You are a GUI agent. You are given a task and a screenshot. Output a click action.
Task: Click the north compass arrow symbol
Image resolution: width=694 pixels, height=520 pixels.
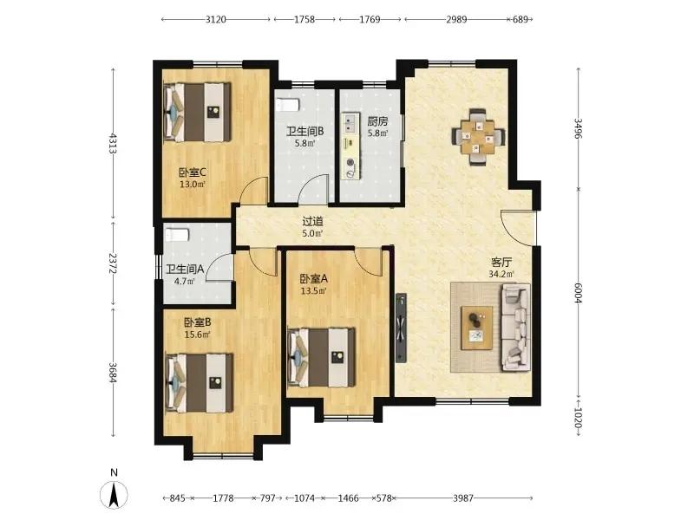tap(115, 494)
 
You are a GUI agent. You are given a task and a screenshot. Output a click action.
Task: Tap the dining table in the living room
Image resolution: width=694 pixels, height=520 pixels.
tap(478, 138)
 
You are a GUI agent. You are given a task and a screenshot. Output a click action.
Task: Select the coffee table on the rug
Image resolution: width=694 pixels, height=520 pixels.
tap(476, 328)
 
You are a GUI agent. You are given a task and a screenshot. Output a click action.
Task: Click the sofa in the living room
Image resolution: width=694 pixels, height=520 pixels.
tap(515, 328)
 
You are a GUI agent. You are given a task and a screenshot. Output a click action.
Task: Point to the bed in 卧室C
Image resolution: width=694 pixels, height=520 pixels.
tap(198, 113)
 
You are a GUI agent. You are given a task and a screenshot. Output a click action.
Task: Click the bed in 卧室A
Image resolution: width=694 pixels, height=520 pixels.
tap(321, 357)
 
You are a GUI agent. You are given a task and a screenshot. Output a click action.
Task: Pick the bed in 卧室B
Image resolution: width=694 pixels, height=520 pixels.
tap(200, 383)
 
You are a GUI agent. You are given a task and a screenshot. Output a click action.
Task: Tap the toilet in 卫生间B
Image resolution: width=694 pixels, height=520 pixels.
tap(288, 105)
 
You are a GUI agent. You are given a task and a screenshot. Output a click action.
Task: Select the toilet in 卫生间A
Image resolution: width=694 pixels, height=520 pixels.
tap(177, 234)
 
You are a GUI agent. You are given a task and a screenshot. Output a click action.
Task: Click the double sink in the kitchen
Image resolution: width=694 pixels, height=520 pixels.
tap(351, 123)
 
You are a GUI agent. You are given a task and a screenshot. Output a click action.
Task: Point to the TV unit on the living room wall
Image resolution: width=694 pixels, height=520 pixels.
tap(401, 328)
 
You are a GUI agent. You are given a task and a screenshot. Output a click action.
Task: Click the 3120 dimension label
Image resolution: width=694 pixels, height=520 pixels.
tap(216, 19)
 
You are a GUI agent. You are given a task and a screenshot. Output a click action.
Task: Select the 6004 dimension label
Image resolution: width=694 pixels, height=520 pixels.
tap(578, 293)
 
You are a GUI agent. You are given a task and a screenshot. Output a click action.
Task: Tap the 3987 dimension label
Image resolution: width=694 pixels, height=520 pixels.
tap(463, 498)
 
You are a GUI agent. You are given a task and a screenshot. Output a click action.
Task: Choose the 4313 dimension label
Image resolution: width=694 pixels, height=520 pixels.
tap(113, 143)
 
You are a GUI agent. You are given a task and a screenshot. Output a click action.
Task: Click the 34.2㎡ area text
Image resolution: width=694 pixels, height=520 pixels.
tap(501, 274)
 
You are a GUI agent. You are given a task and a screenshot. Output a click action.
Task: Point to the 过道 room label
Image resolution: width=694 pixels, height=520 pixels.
tap(312, 221)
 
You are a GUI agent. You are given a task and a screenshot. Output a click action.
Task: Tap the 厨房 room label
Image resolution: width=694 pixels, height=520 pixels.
tap(377, 121)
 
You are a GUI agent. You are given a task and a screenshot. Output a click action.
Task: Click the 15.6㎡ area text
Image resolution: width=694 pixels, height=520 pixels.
tap(198, 335)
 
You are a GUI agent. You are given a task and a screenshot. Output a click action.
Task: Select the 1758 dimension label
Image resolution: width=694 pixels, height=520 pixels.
tap(304, 19)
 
